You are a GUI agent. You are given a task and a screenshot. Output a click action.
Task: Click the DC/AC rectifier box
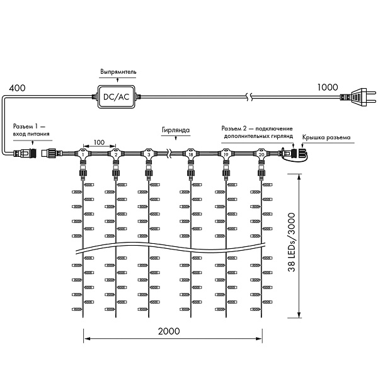pyautogui.click(x=115, y=96)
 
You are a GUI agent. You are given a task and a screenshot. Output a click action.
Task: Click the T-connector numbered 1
pyautogui.click(x=83, y=154)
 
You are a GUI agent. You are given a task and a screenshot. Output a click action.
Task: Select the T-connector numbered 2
pyautogui.click(x=116, y=154)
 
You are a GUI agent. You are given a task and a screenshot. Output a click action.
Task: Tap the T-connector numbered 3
pyautogui.click(x=148, y=154)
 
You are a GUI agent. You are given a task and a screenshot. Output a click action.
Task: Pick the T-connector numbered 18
pyautogui.click(x=190, y=154)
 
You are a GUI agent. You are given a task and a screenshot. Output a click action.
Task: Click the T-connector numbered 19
pyautogui.click(x=226, y=154)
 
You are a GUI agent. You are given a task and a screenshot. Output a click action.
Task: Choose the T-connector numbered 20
pyautogui.click(x=261, y=154)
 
